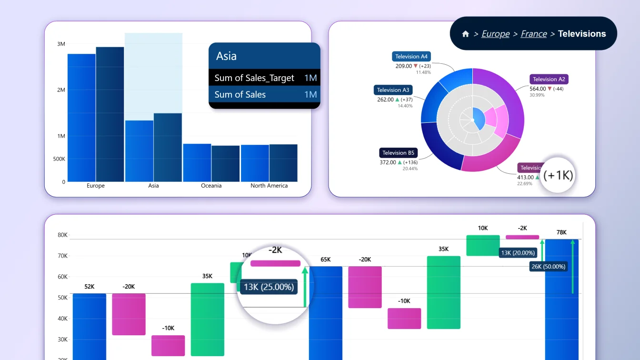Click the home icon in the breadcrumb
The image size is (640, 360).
click(466, 34)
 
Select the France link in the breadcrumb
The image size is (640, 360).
click(533, 34)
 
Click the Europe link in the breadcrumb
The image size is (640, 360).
click(495, 34)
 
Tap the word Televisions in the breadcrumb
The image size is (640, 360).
click(582, 34)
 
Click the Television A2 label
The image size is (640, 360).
click(549, 79)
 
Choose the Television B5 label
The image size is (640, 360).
click(398, 153)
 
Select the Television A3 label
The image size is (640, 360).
click(393, 90)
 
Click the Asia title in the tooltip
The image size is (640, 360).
click(226, 56)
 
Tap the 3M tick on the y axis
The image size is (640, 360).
click(61, 44)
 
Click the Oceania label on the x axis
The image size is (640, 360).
click(211, 186)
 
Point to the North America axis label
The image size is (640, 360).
click(269, 186)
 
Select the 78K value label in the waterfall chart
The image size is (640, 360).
click(561, 232)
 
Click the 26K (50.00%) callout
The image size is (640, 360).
click(549, 267)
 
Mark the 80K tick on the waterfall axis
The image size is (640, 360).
click(62, 235)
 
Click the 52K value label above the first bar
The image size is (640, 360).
click(89, 287)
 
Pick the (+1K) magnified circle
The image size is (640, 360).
click(559, 175)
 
